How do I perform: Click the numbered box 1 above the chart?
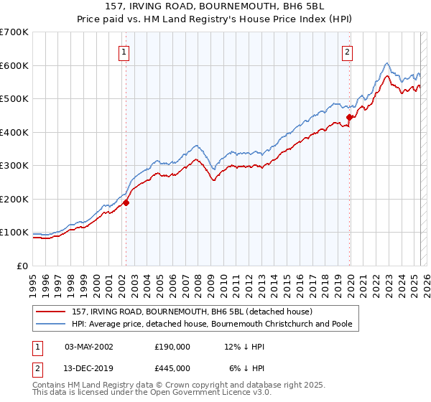124,52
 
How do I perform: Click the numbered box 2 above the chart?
348,52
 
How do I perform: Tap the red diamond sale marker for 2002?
126,202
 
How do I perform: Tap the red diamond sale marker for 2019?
349,117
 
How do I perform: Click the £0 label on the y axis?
22,266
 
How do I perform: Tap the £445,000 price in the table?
172,368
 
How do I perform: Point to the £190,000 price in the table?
172,347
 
